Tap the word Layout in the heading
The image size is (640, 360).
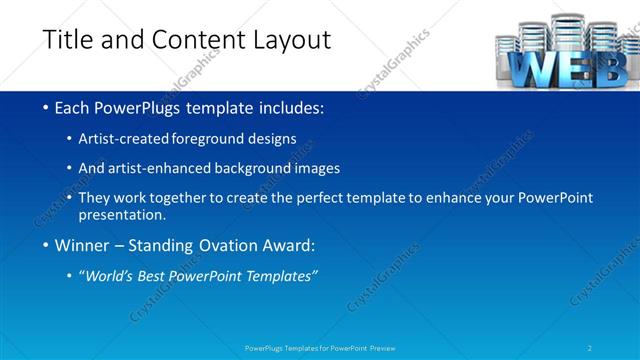click(284, 40)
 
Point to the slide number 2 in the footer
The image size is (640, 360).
click(590, 348)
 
